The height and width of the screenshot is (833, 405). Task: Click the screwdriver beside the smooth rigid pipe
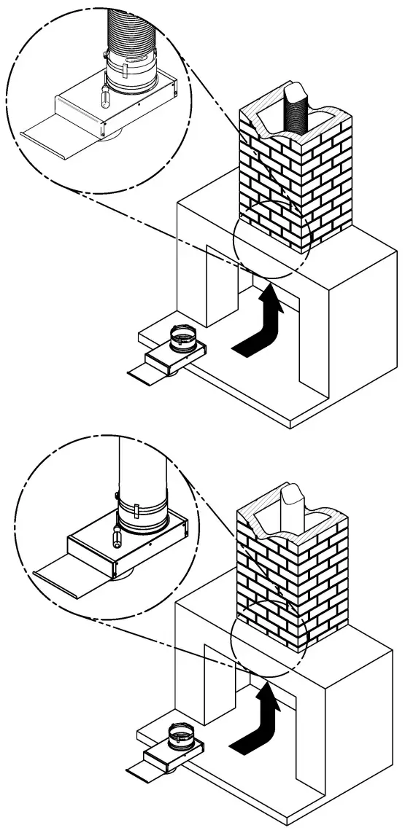pos(117,533)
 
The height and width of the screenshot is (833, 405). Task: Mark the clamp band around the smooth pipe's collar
pos(141,504)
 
